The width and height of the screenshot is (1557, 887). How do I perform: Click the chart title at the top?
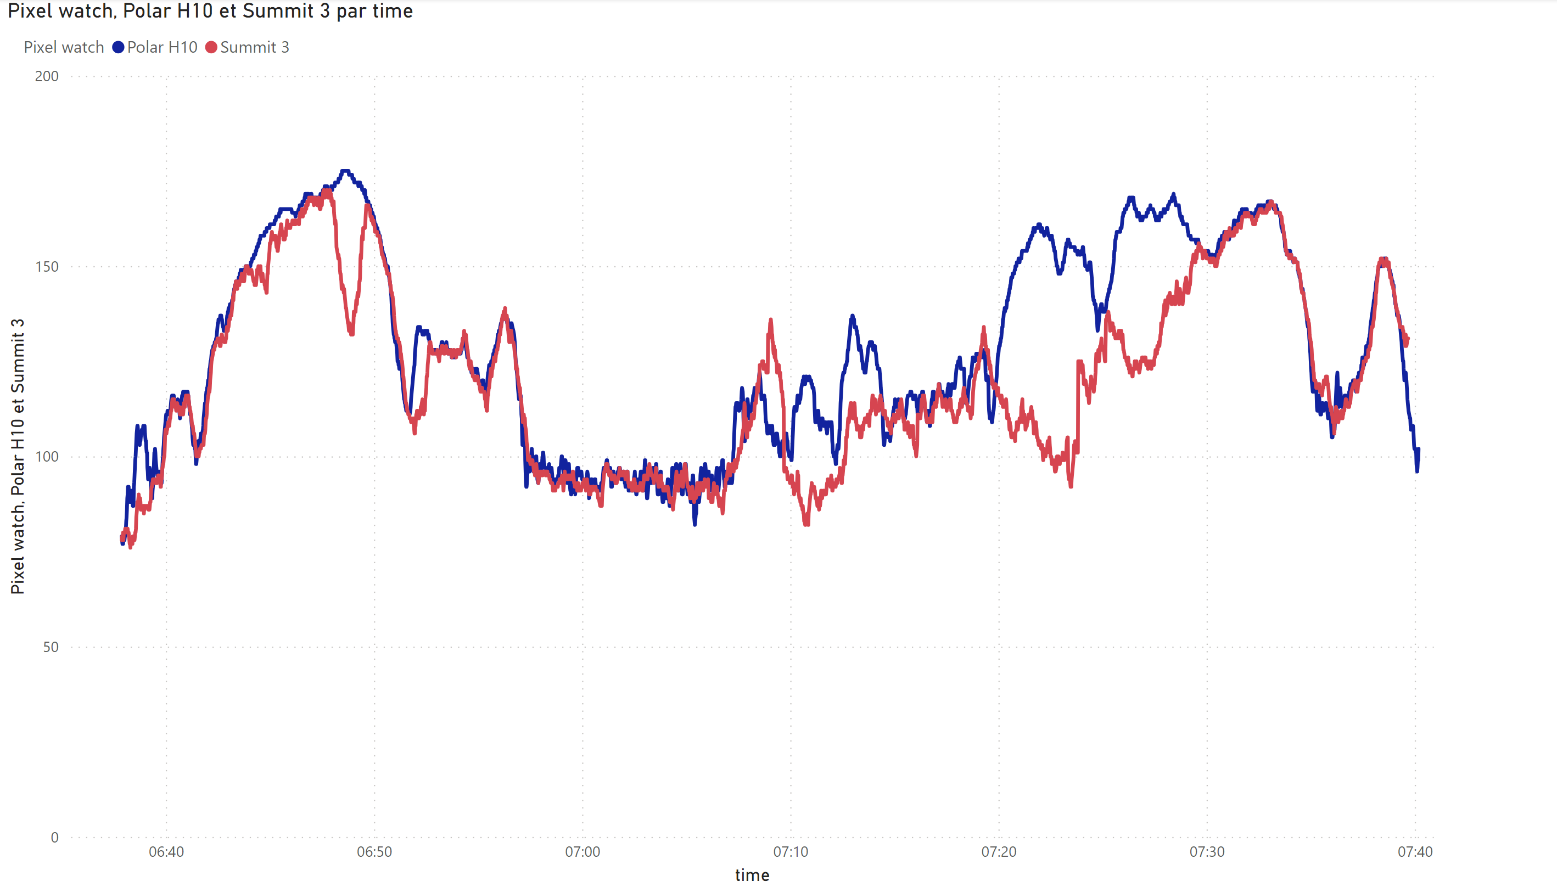pyautogui.click(x=210, y=11)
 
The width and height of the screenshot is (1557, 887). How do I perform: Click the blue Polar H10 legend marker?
pyautogui.click(x=118, y=48)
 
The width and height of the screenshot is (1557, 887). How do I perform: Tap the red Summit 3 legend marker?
pyautogui.click(x=211, y=48)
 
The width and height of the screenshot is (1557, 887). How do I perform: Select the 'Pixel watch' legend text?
pyautogui.click(x=64, y=48)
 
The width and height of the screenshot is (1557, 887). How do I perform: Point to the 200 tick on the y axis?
pyautogui.click(x=47, y=76)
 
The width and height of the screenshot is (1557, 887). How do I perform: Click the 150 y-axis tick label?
pyautogui.click(x=47, y=267)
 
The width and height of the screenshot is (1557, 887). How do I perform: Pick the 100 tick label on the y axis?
pyautogui.click(x=47, y=457)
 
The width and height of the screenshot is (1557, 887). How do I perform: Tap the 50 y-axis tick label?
pyautogui.click(x=51, y=647)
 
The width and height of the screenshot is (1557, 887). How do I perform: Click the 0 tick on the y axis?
pyautogui.click(x=54, y=838)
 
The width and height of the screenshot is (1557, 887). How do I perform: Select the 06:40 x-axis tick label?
pyautogui.click(x=166, y=852)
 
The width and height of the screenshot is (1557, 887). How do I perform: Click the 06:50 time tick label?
pyautogui.click(x=374, y=852)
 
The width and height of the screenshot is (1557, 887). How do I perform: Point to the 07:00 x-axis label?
pyautogui.click(x=583, y=852)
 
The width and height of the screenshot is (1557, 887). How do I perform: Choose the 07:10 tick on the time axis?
pyautogui.click(x=791, y=852)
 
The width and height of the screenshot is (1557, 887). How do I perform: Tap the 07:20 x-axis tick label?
pyautogui.click(x=999, y=852)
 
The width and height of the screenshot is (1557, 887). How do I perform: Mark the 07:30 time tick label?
pyautogui.click(x=1207, y=852)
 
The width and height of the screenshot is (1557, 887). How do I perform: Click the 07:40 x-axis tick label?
pyautogui.click(x=1414, y=852)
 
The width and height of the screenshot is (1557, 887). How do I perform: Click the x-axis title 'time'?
pyautogui.click(x=752, y=875)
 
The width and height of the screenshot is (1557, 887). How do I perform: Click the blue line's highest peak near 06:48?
pyautogui.click(x=345, y=172)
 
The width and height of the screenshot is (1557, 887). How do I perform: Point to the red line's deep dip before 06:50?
pyautogui.click(x=351, y=332)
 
